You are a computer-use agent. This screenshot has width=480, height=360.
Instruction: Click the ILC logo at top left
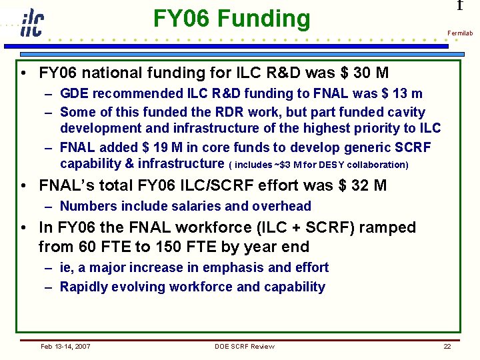[x=31, y=23]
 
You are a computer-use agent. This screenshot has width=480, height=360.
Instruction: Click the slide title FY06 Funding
[x=231, y=18]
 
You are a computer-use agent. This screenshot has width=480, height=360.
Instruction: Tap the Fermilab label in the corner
[x=459, y=33]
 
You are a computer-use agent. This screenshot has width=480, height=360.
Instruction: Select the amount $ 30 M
[x=364, y=72]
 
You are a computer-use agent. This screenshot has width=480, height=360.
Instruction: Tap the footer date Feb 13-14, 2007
[x=65, y=346]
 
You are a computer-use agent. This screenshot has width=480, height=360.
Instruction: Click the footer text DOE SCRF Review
[x=244, y=346]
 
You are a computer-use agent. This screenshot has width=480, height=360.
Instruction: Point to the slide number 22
[x=447, y=346]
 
